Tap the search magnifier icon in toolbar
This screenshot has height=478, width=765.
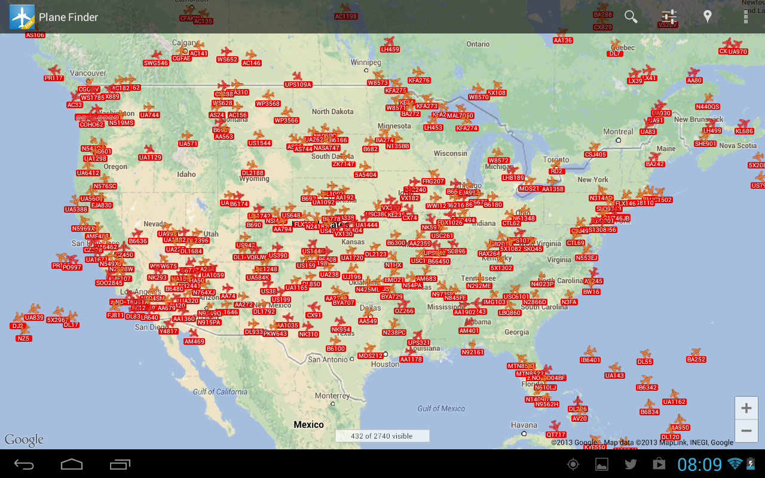(x=631, y=17)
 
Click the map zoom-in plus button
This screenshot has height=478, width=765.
(x=746, y=409)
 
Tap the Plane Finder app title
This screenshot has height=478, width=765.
(x=68, y=17)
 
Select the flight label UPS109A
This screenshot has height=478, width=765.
(x=298, y=85)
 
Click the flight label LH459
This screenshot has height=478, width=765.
(x=390, y=50)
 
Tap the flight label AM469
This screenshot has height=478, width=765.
(x=194, y=342)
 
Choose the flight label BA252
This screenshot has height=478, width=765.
(x=696, y=360)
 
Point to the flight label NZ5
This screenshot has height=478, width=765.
(x=24, y=338)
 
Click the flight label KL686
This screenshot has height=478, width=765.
(x=744, y=131)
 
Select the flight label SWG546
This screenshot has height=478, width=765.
(x=156, y=63)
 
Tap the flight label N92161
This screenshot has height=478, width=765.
(x=473, y=353)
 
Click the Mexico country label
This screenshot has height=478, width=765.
(x=308, y=425)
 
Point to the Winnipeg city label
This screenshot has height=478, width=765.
(x=365, y=62)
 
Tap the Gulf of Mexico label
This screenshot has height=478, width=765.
(x=441, y=409)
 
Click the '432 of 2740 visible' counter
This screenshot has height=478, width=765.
(x=381, y=436)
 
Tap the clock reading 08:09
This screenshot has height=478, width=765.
(x=699, y=464)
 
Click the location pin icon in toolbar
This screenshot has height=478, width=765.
(x=708, y=17)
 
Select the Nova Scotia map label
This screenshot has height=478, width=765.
(x=738, y=146)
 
